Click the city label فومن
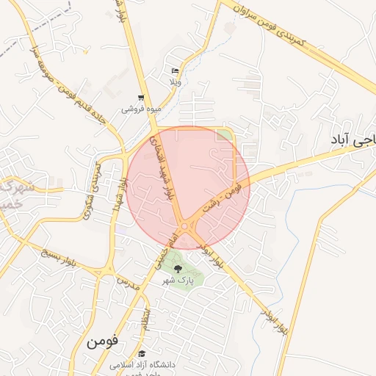(101, 341)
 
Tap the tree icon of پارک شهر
(177, 269)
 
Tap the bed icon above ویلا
(175, 71)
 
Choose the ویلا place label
(175, 82)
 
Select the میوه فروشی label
(144, 109)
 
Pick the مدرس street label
(128, 281)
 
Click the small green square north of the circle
(223, 134)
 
